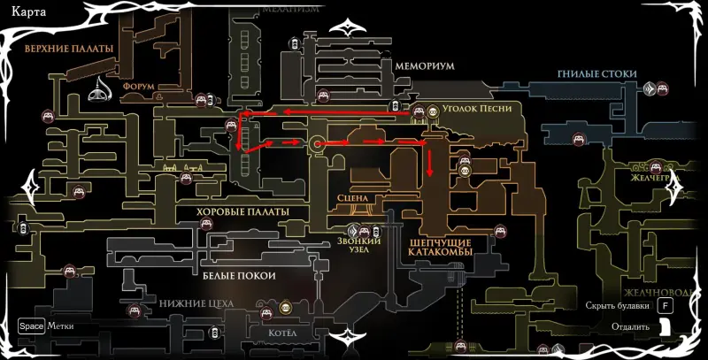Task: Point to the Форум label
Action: point(140,87)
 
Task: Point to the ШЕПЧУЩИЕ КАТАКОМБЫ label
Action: point(441,247)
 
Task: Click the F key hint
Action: point(665,306)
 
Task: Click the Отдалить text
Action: point(629,326)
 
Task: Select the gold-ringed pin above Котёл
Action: point(285,308)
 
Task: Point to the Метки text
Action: point(61,326)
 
